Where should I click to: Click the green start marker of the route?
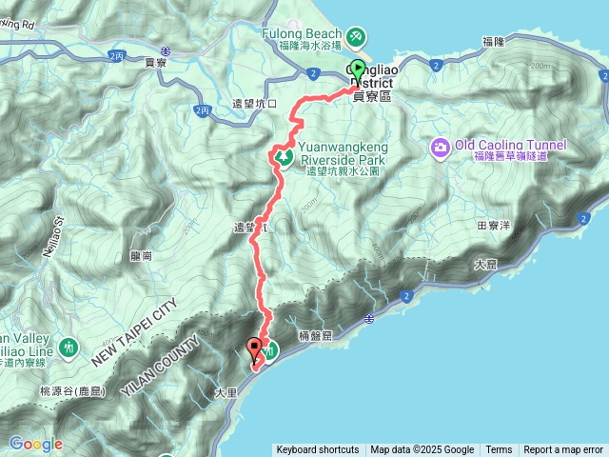(358, 70)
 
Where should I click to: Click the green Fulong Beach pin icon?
(355, 36)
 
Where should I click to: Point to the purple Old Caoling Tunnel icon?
(440, 148)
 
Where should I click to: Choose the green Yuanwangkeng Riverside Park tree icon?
(283, 157)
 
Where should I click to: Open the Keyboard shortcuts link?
(318, 450)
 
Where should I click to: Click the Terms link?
(499, 450)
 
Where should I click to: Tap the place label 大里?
(226, 391)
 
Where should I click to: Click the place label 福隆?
(493, 42)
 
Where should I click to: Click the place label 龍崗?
(143, 256)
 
